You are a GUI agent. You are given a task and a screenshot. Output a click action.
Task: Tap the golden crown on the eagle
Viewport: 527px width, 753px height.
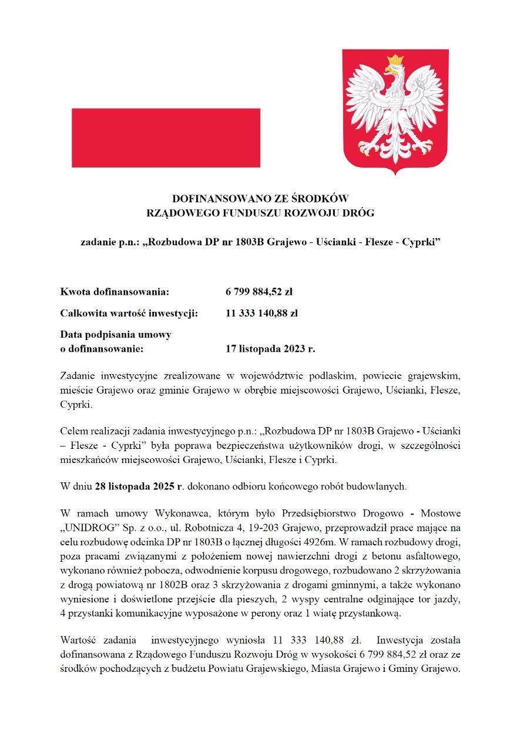(395, 60)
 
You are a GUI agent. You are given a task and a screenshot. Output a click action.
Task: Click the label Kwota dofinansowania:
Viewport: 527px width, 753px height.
(115, 291)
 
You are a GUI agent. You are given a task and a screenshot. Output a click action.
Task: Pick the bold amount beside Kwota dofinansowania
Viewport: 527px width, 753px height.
(259, 291)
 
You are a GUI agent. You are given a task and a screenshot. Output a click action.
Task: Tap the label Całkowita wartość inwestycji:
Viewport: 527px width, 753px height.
(129, 313)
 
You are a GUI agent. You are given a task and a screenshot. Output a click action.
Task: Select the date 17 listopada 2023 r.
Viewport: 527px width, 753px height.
(270, 349)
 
